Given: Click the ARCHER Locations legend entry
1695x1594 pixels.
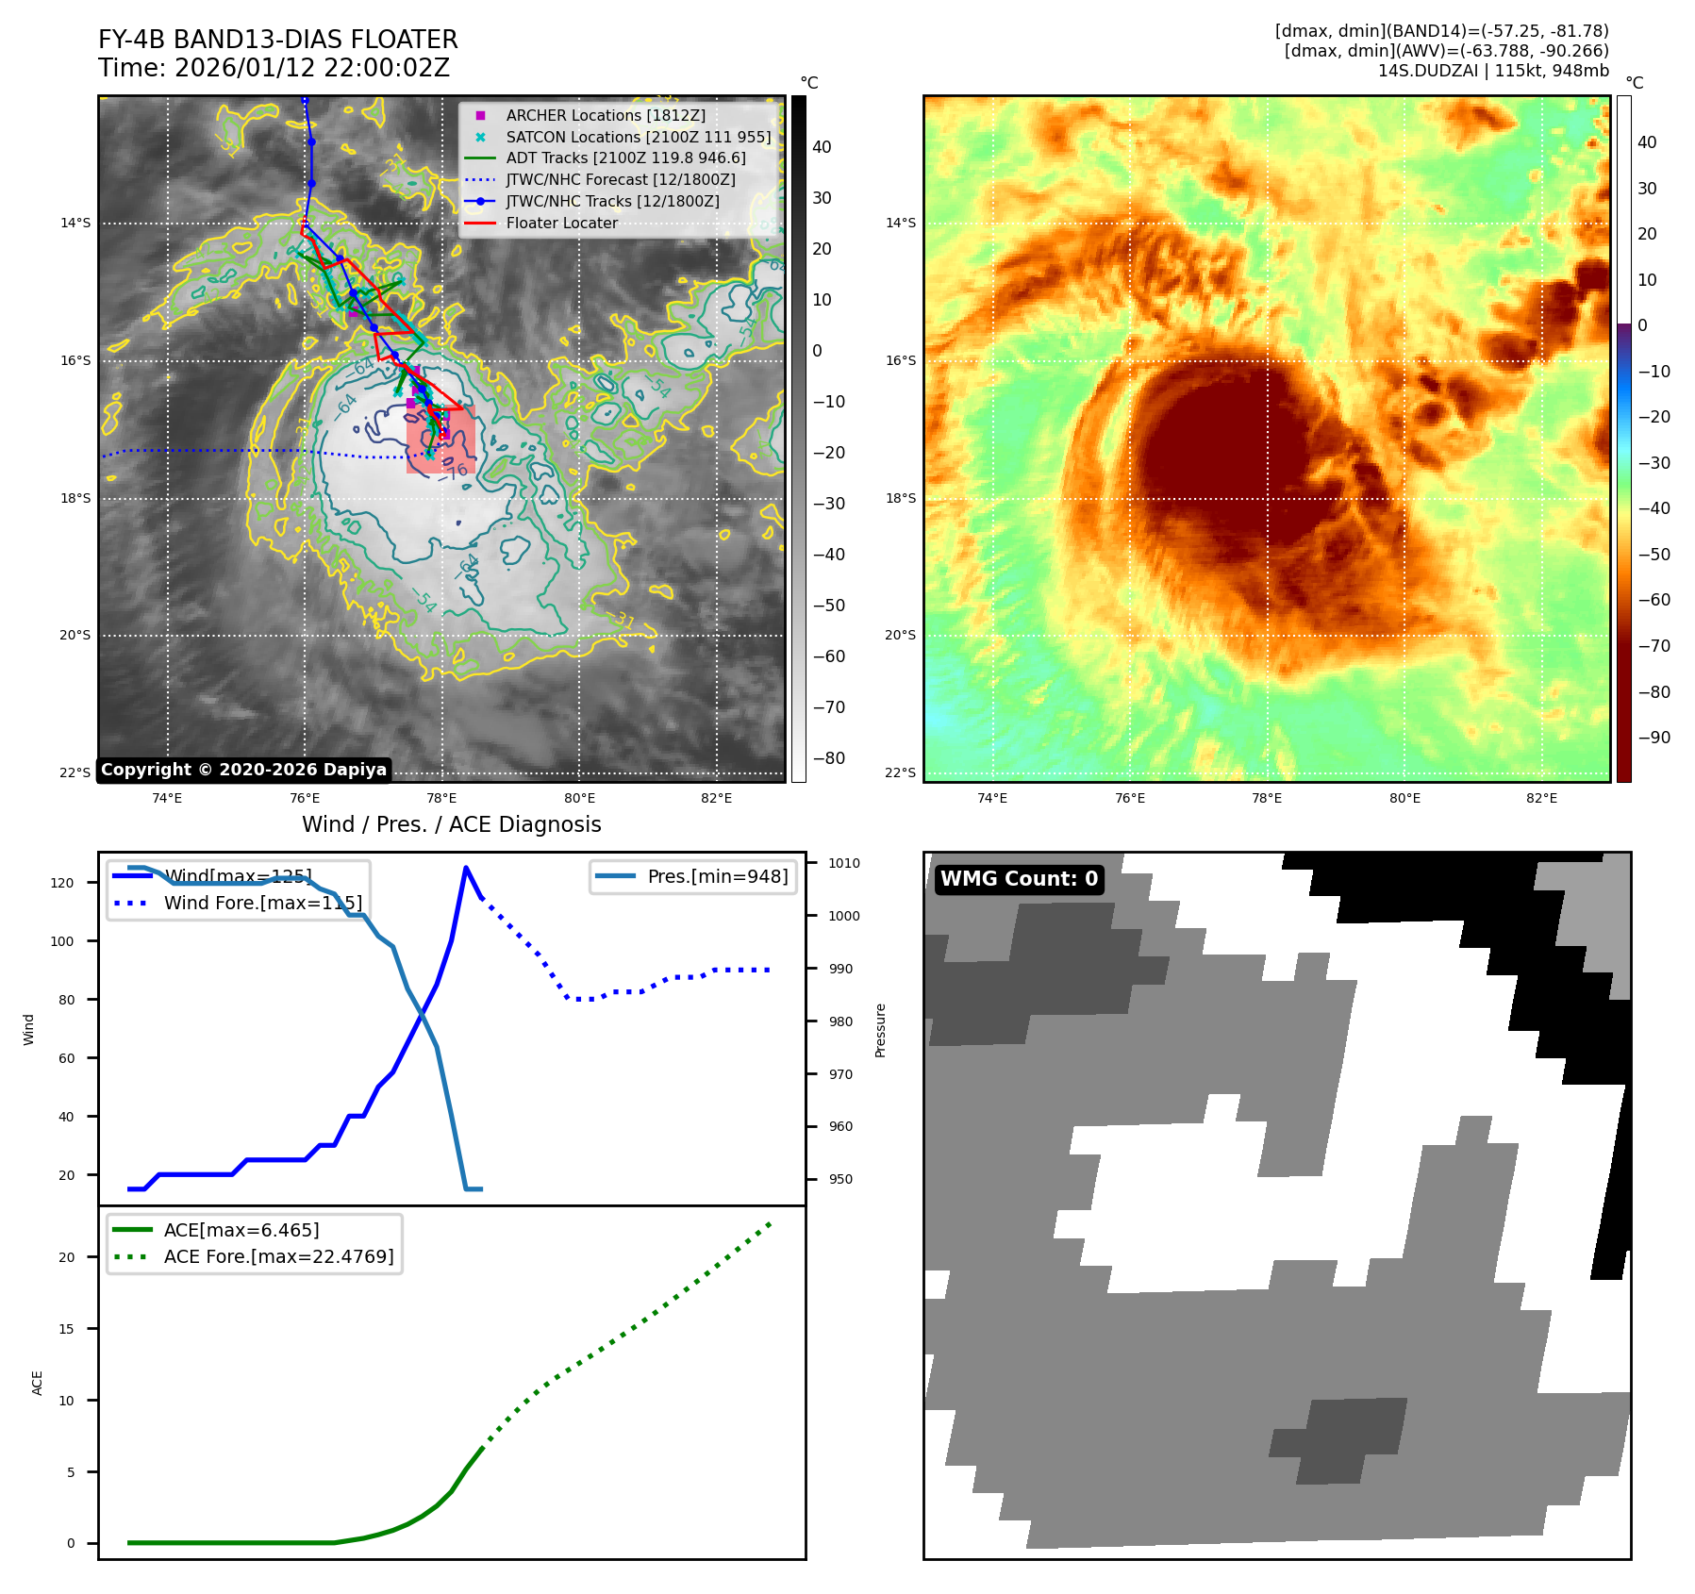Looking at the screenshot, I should click(605, 115).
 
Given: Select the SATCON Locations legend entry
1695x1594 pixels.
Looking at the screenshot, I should click(638, 137).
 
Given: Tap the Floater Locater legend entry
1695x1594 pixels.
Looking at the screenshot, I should click(561, 223).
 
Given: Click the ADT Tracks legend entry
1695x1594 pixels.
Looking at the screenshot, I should click(625, 158).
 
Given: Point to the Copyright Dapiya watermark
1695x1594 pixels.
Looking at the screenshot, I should click(243, 770).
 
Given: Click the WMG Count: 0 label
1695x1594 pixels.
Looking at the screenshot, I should click(1019, 879).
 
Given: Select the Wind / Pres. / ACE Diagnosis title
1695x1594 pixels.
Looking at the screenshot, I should click(451, 824).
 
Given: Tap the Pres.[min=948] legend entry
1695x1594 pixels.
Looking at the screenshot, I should click(717, 876).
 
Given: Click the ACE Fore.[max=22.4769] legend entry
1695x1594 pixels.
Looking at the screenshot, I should click(278, 1256).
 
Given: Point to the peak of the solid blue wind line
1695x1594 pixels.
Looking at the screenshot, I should click(466, 868).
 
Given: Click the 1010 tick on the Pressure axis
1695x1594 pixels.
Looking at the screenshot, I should click(843, 863).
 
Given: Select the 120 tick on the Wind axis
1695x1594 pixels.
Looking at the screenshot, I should click(62, 883).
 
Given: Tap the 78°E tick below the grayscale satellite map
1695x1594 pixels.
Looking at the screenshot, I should click(441, 798).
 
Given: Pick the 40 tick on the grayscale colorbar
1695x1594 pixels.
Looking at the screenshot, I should click(822, 147).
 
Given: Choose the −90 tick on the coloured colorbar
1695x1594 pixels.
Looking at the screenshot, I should click(1653, 738).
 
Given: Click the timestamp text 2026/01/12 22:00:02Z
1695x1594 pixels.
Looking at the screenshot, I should click(311, 68).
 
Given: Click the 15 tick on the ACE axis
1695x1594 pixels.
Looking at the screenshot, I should click(67, 1329).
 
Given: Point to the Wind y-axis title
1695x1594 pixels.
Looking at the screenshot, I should click(29, 1029).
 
